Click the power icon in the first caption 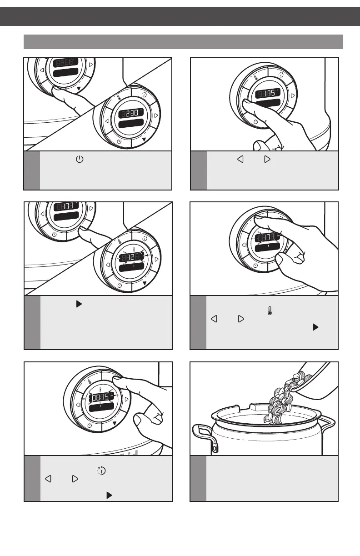[x=78, y=160]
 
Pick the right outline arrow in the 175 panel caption [x=267, y=160]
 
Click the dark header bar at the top [x=180, y=16]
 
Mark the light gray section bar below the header [x=183, y=41]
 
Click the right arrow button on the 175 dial [x=293, y=95]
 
